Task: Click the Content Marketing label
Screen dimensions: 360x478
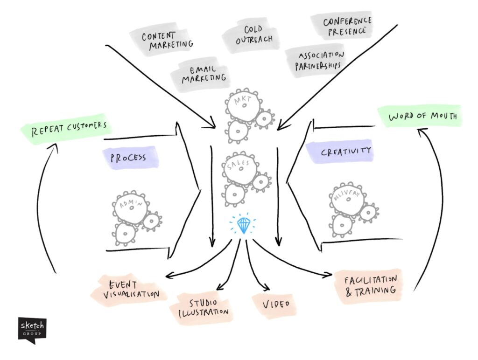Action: tap(164, 40)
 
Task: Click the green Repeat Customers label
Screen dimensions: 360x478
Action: tap(69, 128)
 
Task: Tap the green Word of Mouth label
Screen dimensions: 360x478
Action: tap(419, 116)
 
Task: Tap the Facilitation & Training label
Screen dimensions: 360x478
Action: tap(369, 285)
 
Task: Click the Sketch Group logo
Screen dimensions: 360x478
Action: tap(32, 329)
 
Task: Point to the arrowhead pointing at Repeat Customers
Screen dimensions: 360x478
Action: tap(55, 146)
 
